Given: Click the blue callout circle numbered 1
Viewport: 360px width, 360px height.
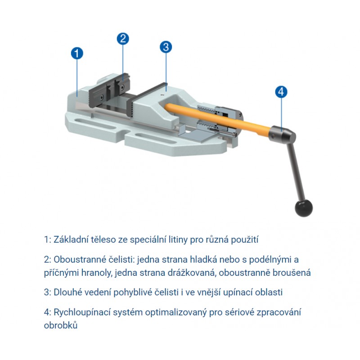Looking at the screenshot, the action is tap(77, 53).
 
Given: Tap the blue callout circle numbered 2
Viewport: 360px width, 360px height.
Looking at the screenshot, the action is tap(123, 39).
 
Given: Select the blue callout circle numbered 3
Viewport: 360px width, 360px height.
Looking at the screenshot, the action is tap(166, 47).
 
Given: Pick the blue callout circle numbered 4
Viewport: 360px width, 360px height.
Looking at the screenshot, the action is tap(281, 92).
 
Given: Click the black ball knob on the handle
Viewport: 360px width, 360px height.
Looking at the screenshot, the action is tap(303, 208).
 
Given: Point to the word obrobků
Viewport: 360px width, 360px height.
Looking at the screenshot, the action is tap(61, 325).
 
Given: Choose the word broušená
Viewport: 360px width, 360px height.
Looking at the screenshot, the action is tap(292, 273).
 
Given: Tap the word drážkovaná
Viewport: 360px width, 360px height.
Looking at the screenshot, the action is tap(192, 273).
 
